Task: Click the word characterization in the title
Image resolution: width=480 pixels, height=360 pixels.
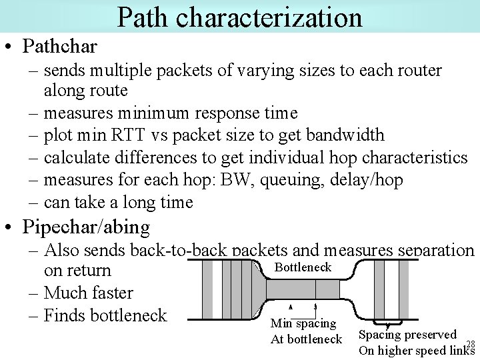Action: click(x=269, y=17)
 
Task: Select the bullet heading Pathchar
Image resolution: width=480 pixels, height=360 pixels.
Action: click(x=59, y=46)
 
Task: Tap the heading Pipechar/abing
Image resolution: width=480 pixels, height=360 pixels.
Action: click(x=86, y=227)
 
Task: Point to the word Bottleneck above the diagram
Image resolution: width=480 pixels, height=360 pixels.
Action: click(x=303, y=267)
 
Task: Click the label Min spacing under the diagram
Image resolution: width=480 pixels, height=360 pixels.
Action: click(x=303, y=323)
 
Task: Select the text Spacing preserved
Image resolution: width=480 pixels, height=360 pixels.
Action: click(x=407, y=335)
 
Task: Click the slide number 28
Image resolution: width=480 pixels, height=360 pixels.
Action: click(x=470, y=343)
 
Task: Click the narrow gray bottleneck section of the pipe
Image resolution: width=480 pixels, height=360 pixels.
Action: click(x=303, y=289)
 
